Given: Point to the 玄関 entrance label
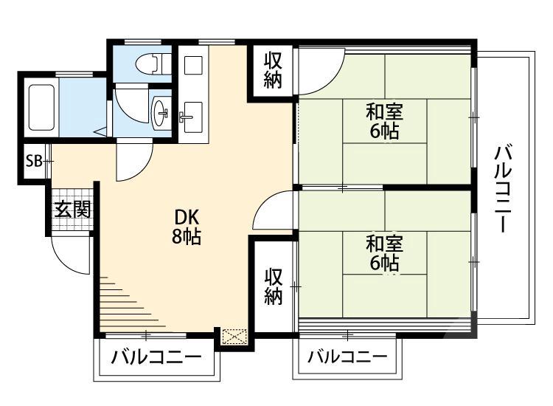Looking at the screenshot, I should [72, 210].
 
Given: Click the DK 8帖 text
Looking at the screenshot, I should [187, 227].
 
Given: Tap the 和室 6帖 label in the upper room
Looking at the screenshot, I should [384, 122].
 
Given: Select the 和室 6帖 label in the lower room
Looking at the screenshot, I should [384, 252].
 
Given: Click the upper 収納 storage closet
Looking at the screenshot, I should [273, 70].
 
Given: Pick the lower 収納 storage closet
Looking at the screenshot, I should [274, 286].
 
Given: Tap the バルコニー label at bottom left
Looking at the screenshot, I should [156, 359].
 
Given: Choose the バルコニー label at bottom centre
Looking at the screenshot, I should [347, 358].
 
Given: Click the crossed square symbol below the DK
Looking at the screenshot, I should [234, 337].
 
